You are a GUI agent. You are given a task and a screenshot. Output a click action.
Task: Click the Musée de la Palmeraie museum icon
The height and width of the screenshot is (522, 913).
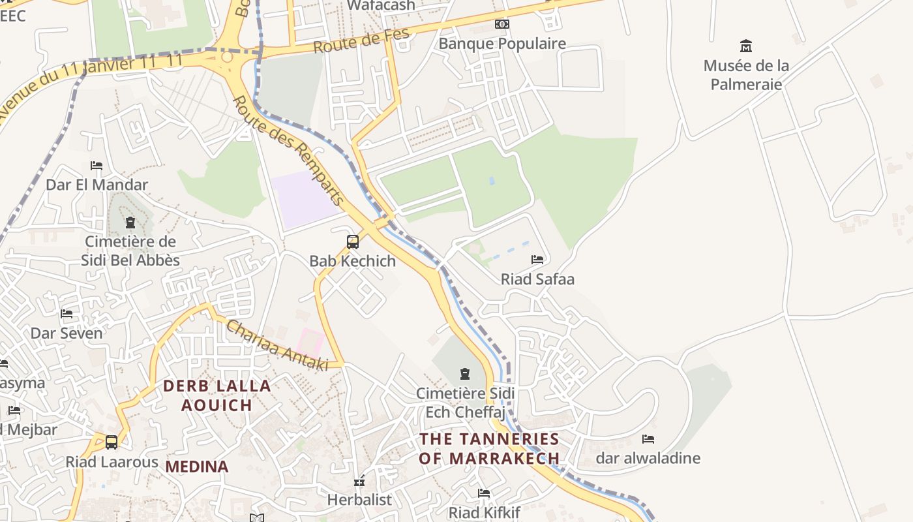[x=746, y=46]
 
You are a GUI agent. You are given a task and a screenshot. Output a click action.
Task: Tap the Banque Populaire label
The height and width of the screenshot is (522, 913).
[x=502, y=44]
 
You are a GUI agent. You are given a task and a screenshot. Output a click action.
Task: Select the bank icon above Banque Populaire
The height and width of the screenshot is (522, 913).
[x=501, y=24]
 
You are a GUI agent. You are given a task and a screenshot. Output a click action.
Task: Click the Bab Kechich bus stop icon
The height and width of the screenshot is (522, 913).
[x=353, y=242]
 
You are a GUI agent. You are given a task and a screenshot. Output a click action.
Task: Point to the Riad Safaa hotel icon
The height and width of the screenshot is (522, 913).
[x=537, y=260]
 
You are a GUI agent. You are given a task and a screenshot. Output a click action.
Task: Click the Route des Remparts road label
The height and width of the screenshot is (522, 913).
[x=288, y=150]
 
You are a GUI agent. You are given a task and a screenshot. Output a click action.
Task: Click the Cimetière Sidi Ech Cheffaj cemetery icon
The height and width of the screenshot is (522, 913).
[x=465, y=374]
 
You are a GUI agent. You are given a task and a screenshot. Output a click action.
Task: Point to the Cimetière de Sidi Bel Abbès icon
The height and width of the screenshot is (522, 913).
[x=130, y=223]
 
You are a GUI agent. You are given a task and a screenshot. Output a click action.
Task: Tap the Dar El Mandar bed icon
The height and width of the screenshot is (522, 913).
[x=97, y=166]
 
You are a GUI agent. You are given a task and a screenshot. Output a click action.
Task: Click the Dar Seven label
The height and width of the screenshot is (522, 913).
[x=67, y=333]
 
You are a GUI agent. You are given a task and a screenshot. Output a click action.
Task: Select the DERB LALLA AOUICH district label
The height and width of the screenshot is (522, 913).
[x=217, y=395]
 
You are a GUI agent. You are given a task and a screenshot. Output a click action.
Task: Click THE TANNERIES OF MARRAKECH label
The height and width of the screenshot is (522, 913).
[x=489, y=448]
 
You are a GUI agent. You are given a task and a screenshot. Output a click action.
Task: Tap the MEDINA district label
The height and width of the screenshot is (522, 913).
[x=197, y=467]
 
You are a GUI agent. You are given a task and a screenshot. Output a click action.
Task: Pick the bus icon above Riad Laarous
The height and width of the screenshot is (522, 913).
[x=112, y=442]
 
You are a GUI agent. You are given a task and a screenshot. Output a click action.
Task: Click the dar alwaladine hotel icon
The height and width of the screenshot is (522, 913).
[x=648, y=439]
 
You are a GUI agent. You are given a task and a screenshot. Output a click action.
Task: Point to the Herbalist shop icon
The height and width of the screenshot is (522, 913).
[x=359, y=482]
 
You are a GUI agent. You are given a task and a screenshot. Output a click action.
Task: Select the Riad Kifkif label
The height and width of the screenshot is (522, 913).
[x=484, y=512]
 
